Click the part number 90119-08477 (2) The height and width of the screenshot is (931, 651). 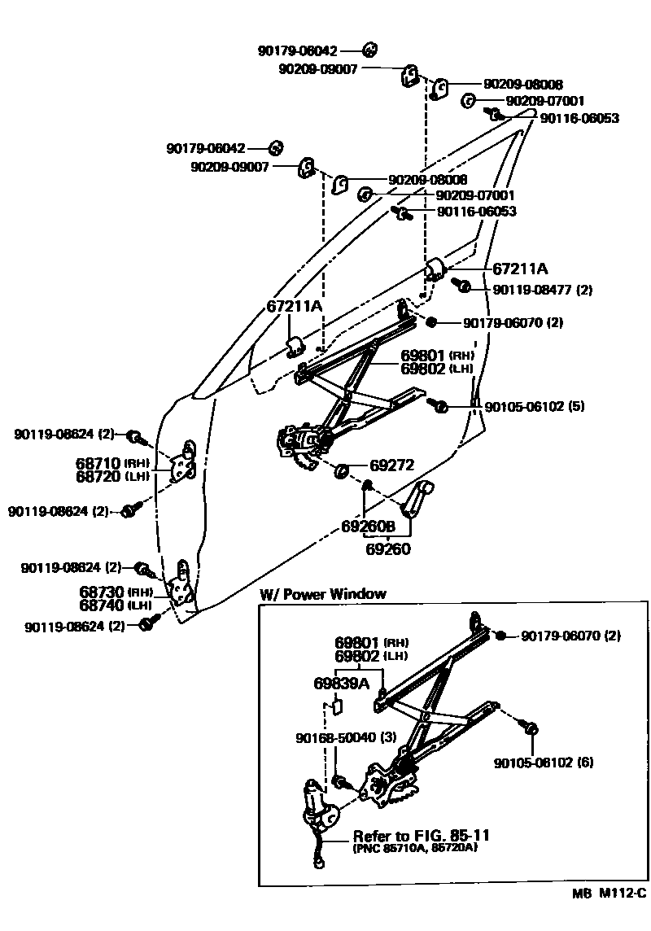point(543,290)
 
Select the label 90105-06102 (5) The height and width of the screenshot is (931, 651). point(535,406)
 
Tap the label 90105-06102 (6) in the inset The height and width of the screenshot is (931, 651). point(544,763)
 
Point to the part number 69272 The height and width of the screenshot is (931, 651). point(392,466)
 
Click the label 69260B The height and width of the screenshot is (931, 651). point(368,527)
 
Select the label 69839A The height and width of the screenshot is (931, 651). point(341,682)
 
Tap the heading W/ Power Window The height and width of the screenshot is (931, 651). point(322,594)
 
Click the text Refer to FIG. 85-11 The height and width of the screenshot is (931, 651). point(421,836)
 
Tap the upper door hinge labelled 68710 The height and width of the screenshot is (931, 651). point(186,461)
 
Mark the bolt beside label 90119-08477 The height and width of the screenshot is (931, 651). point(463,286)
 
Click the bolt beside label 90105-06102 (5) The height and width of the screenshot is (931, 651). point(439,404)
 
